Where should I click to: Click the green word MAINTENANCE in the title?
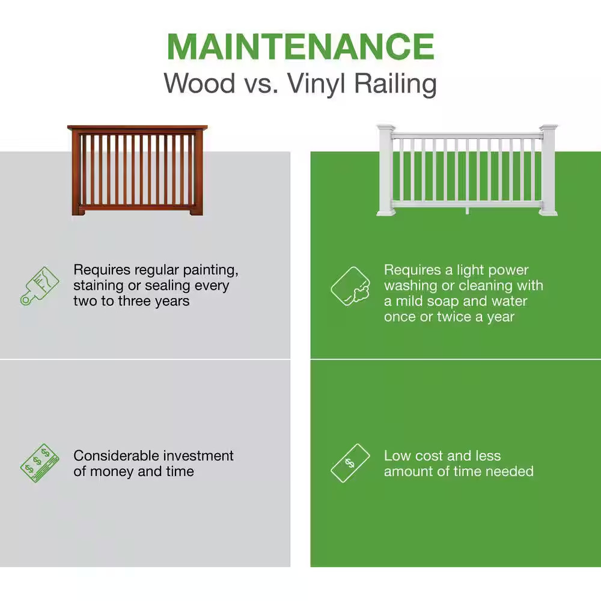pos(300,46)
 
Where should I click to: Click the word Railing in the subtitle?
pos(394,84)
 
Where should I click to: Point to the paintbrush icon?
pos(40,285)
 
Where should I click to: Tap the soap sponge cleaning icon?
pos(350,287)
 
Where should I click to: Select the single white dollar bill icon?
pos(350,463)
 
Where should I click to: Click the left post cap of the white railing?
pos(386,129)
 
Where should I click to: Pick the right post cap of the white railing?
pos(548,129)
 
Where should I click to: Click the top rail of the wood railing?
pos(137,129)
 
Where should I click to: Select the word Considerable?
pos(116,456)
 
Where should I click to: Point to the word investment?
pos(199,456)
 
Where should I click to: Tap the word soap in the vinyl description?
pos(447,301)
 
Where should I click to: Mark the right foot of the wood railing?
pos(195,211)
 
